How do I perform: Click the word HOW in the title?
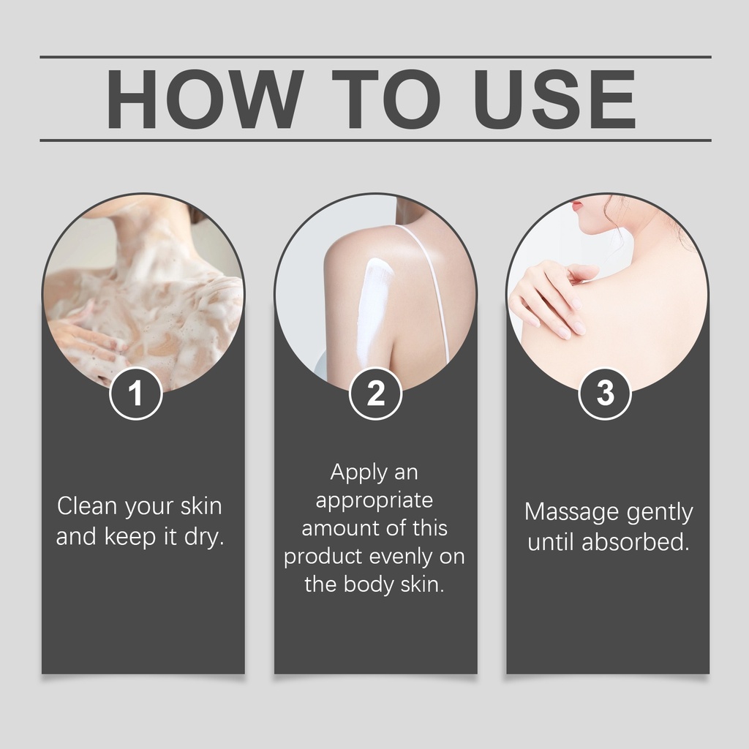pyautogui.click(x=205, y=99)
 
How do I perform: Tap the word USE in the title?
pyautogui.click(x=555, y=99)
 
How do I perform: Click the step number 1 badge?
pyautogui.click(x=136, y=393)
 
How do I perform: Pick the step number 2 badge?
pyautogui.click(x=375, y=393)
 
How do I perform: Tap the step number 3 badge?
pyautogui.click(x=605, y=393)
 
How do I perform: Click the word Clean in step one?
pyautogui.click(x=88, y=506)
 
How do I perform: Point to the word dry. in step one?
pyautogui.click(x=205, y=536)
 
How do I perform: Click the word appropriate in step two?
pyautogui.click(x=374, y=501)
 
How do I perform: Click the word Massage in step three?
pyautogui.click(x=571, y=512)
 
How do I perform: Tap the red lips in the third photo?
pyautogui.click(x=576, y=207)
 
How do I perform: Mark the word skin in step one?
pyautogui.click(x=201, y=506)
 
